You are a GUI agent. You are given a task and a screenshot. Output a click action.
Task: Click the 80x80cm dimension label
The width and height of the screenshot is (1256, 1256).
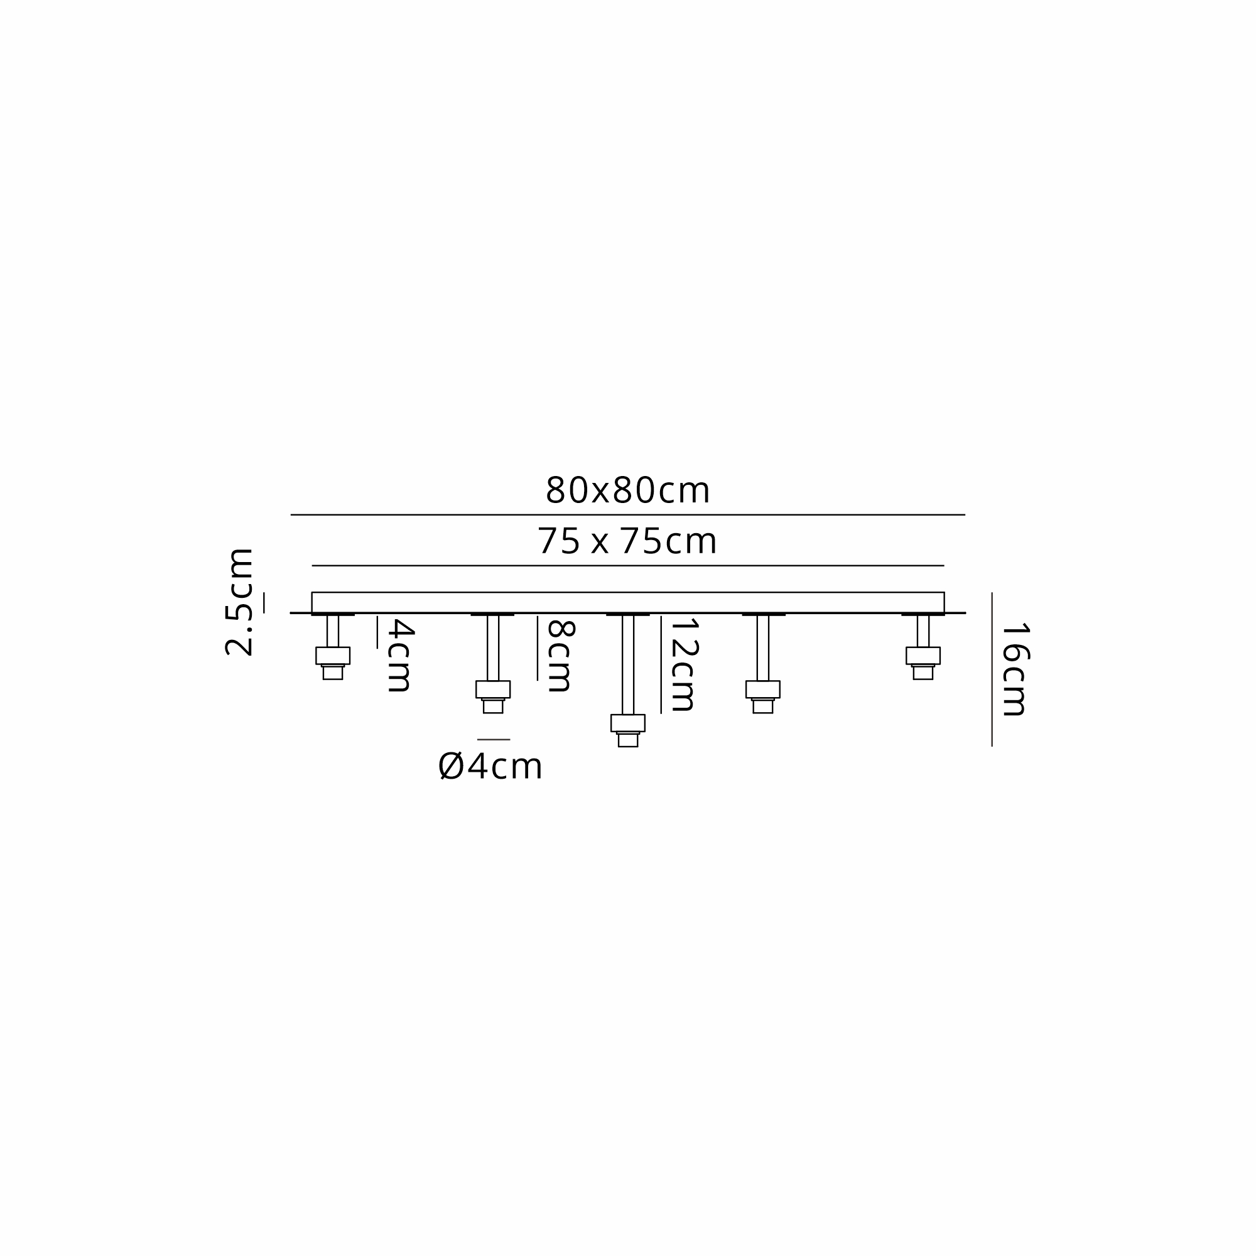tap(627, 491)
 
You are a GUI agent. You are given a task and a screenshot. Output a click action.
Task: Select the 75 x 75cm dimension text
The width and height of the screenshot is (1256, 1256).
tap(627, 541)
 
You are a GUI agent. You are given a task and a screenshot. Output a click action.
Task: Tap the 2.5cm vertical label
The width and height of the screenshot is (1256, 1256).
tap(239, 602)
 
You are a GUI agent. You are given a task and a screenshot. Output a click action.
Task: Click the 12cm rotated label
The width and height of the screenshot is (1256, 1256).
tap(684, 665)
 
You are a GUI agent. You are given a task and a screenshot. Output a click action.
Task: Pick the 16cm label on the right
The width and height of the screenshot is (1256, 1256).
tap(1015, 670)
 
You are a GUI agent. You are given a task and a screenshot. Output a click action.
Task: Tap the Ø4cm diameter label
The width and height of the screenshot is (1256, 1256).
tap(490, 767)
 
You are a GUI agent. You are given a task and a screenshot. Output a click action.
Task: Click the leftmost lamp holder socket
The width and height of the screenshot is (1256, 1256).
tap(333, 663)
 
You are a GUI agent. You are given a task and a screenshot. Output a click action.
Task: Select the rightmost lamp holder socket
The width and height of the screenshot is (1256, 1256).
tap(923, 663)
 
